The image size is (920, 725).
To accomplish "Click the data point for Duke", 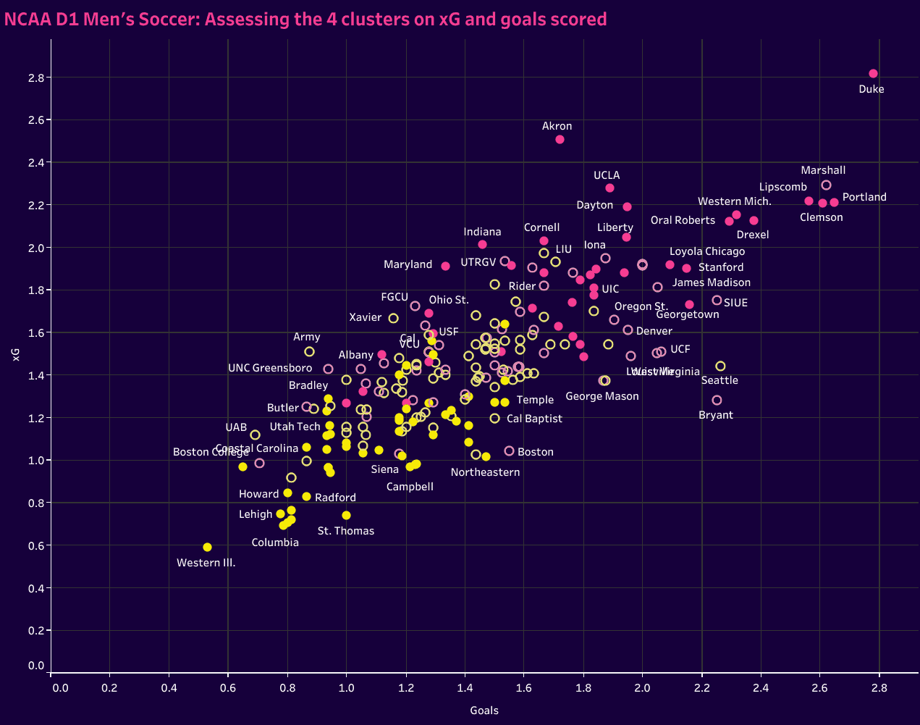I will click(873, 74).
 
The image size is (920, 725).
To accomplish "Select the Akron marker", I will click(560, 139).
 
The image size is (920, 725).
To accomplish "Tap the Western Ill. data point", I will click(207, 547).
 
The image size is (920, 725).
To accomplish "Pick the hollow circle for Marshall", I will click(826, 185).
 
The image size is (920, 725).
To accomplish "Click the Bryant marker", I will click(717, 400).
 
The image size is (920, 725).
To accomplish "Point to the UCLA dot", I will click(609, 188).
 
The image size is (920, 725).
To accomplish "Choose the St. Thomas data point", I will click(346, 515).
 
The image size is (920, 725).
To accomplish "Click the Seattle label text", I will click(719, 380).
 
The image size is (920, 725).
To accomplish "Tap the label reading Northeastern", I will click(485, 472).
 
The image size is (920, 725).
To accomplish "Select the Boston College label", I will click(210, 452).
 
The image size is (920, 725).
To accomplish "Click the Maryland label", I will click(408, 264).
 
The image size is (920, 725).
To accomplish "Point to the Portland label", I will click(864, 197).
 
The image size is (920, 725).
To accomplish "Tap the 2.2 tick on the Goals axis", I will click(701, 687).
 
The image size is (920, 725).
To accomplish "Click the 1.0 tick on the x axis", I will click(346, 687).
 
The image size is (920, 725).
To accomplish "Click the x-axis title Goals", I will click(484, 711).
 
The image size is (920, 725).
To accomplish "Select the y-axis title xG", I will click(16, 354).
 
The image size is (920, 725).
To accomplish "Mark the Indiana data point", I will click(482, 245).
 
